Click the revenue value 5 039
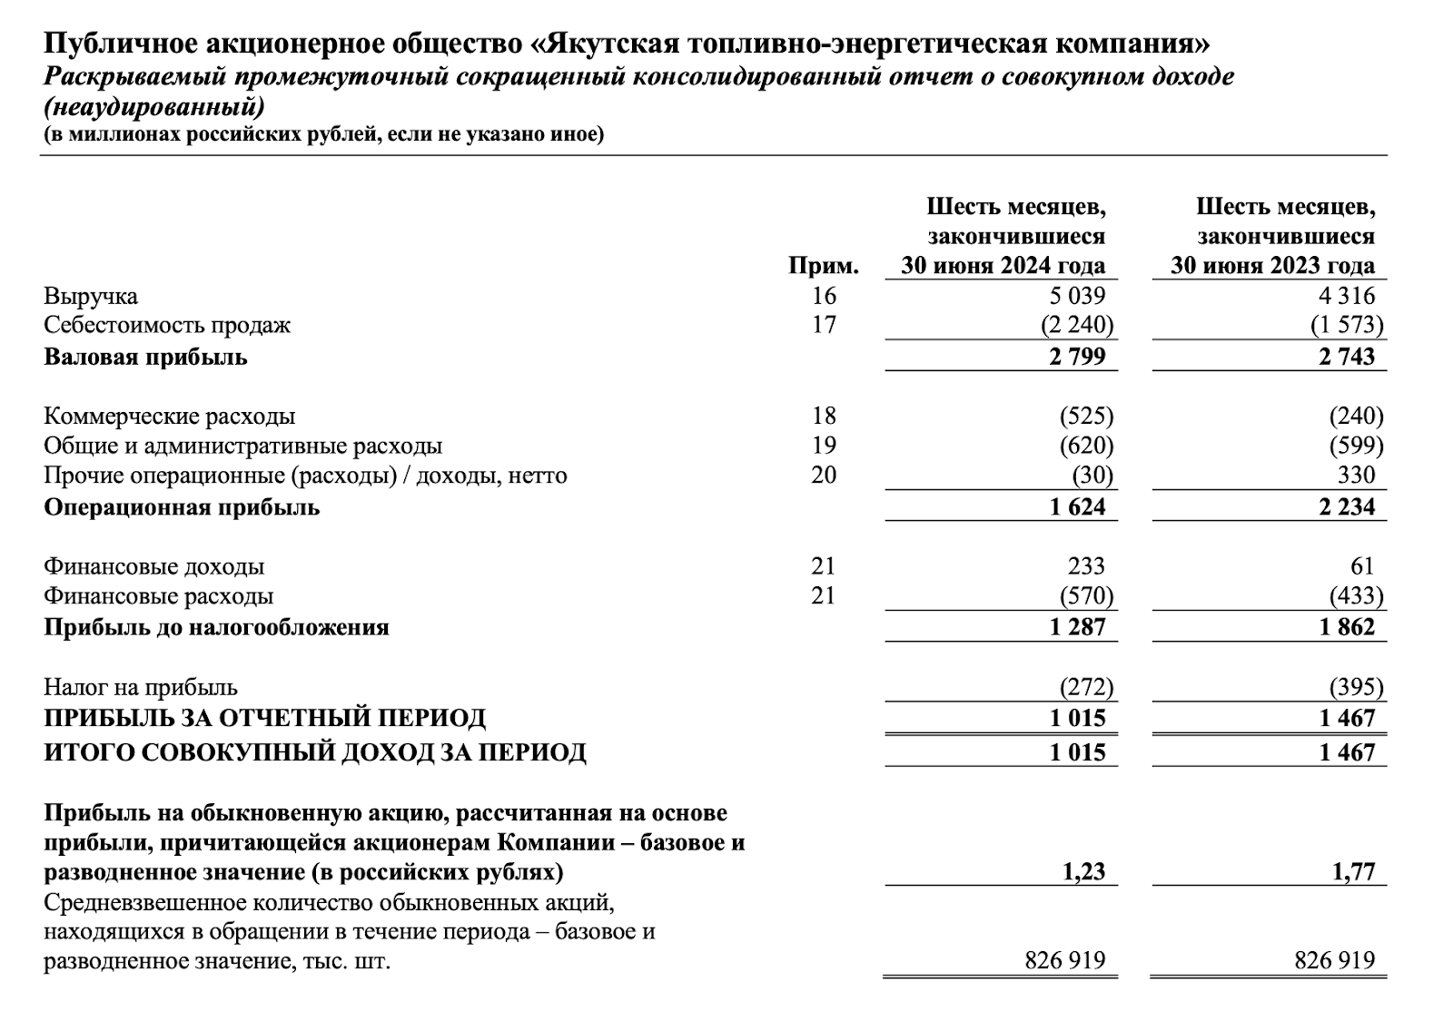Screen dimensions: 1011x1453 pyautogui.click(x=1078, y=296)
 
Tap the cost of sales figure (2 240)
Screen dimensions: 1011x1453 pyautogui.click(x=1078, y=325)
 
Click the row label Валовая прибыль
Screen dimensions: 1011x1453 pyautogui.click(x=145, y=357)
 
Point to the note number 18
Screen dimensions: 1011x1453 pyautogui.click(x=824, y=417)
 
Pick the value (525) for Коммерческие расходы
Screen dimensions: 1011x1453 pyautogui.click(x=1086, y=417)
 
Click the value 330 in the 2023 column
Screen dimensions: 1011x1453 pyautogui.click(x=1357, y=476)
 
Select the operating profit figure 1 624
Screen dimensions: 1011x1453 pyautogui.click(x=1078, y=507)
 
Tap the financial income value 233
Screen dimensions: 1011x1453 pyautogui.click(x=1087, y=566)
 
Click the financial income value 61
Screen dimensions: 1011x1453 pyautogui.click(x=1362, y=566)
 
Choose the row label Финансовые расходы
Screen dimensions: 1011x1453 pyautogui.click(x=158, y=596)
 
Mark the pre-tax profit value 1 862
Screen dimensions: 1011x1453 pyautogui.click(x=1348, y=627)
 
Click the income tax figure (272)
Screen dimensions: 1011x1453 pyautogui.click(x=1086, y=687)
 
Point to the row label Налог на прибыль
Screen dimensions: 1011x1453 pyautogui.click(x=141, y=687)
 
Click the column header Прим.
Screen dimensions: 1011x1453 pyautogui.click(x=824, y=266)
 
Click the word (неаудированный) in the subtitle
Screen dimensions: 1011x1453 pyautogui.click(x=154, y=108)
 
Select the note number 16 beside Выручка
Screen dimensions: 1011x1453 pyautogui.click(x=824, y=296)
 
